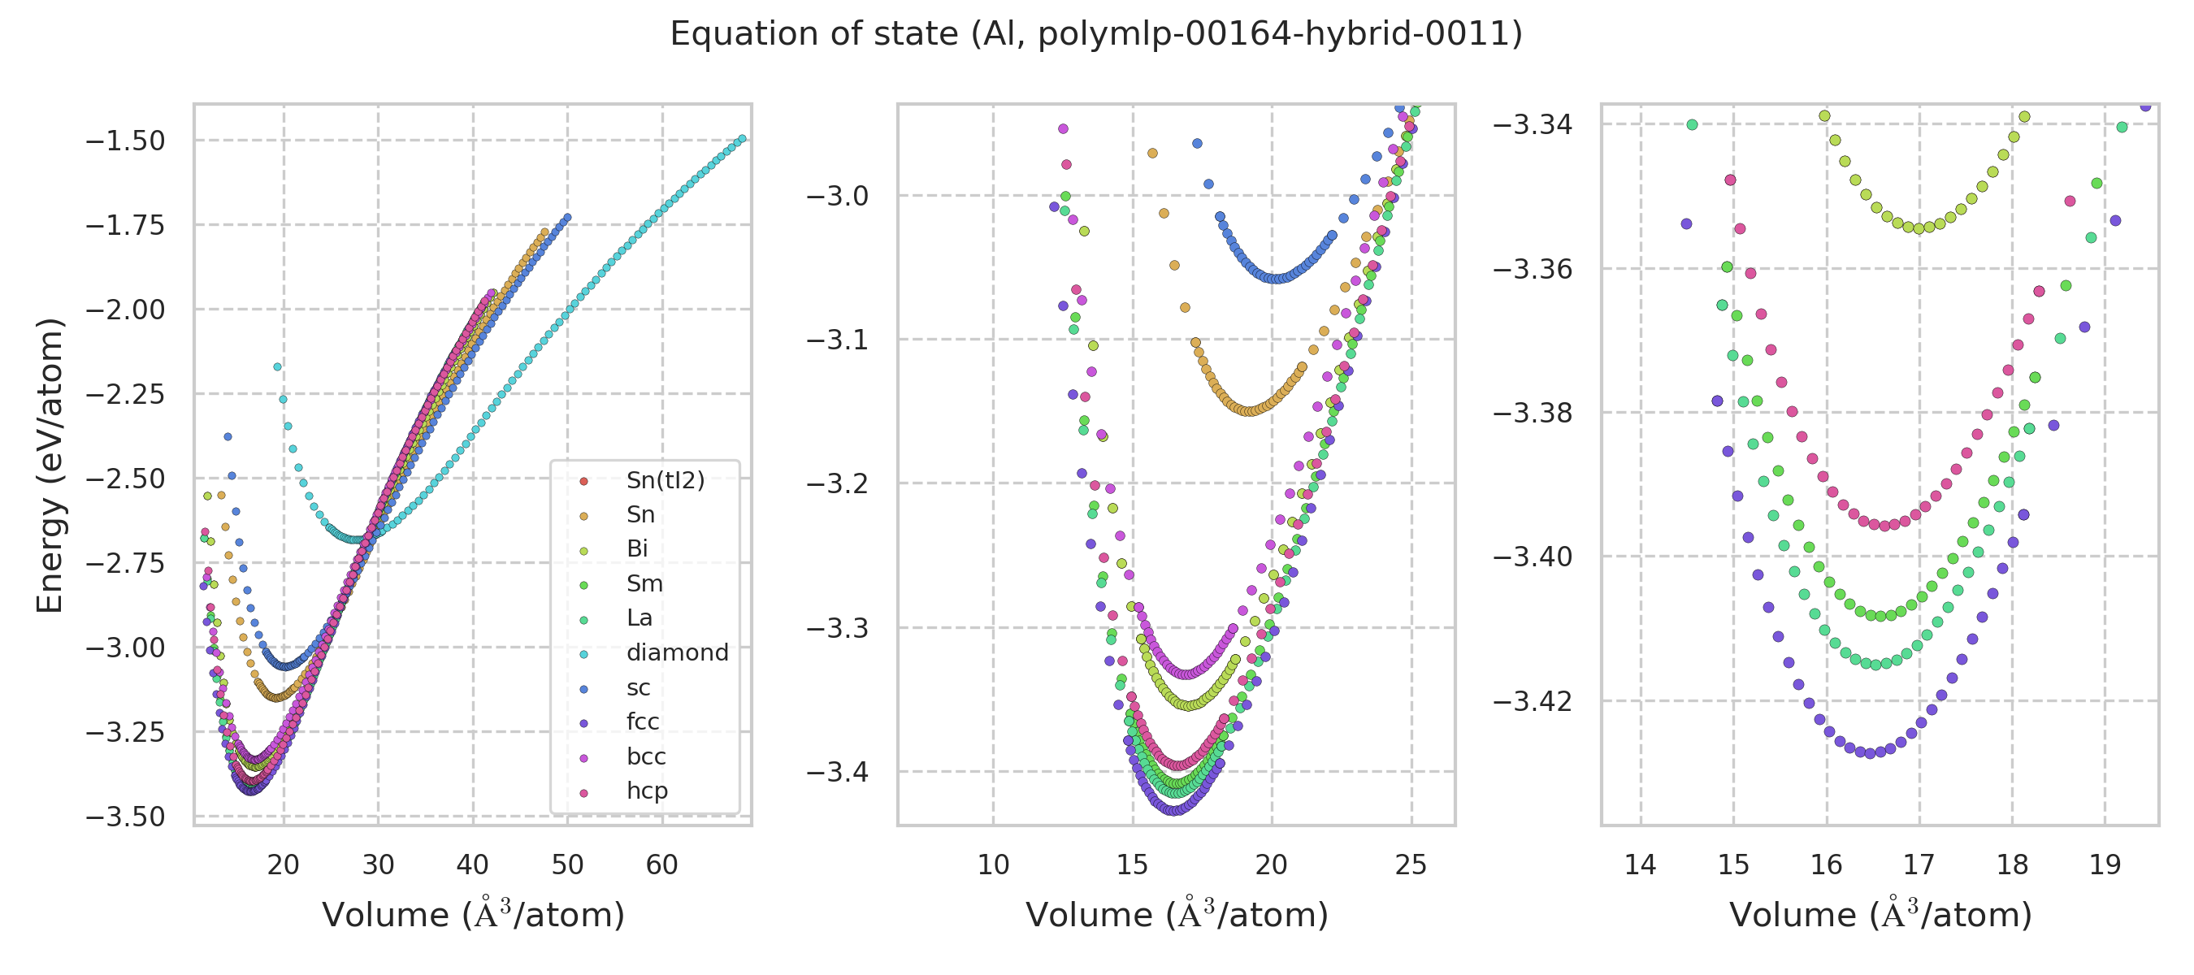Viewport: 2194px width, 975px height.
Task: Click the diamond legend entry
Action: pos(676,652)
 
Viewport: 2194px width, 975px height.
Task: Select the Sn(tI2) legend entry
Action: pos(665,480)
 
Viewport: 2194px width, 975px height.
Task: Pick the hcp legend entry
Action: pos(647,791)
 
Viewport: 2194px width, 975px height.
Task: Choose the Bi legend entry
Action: pos(636,549)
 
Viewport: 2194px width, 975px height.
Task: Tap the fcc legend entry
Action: pos(642,721)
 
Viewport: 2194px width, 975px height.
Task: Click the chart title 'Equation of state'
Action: pos(1095,34)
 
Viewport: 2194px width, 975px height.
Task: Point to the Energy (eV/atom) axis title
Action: pos(50,465)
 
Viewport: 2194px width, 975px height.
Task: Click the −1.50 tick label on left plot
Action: pos(125,141)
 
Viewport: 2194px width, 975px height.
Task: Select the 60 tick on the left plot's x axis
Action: pos(661,865)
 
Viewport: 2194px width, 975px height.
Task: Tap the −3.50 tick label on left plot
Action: pos(125,817)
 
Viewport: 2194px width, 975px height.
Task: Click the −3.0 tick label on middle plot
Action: pos(837,197)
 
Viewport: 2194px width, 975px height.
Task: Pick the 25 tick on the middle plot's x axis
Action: pos(1411,865)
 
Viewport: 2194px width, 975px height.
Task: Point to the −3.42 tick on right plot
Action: pos(1533,702)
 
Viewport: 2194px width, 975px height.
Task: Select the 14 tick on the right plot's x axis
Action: pos(1641,865)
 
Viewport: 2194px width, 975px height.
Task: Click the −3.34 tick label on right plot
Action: pos(1533,125)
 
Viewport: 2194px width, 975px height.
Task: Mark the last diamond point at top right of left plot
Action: pos(742,139)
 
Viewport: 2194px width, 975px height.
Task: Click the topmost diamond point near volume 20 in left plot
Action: pos(277,367)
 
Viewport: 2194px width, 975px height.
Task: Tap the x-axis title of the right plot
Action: pos(1880,915)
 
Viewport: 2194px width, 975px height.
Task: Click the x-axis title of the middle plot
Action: pos(1176,915)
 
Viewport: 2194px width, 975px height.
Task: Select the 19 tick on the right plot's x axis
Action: pos(2105,865)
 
